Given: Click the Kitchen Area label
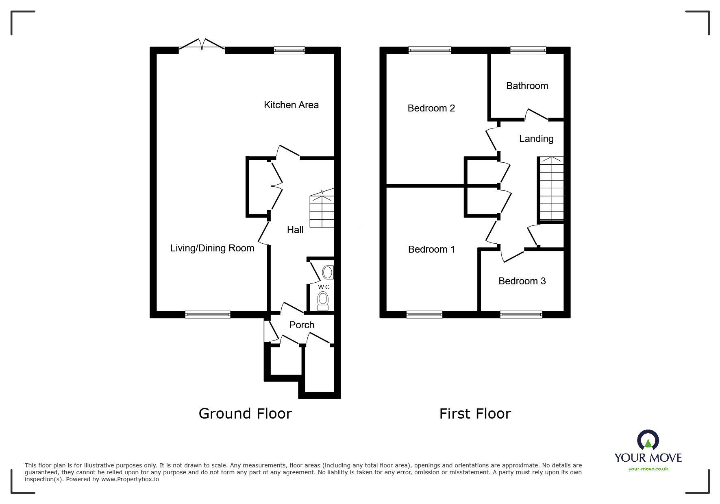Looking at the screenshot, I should click(x=291, y=105).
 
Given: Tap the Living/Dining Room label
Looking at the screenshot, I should click(x=212, y=248).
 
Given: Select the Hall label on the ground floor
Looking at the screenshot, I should click(x=295, y=230).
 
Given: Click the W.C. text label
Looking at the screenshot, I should click(x=324, y=287).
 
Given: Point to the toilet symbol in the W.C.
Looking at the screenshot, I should click(x=323, y=301).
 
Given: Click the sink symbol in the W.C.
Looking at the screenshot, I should click(x=328, y=272).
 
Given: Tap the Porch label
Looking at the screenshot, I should click(x=302, y=325).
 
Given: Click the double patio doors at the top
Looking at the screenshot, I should click(x=202, y=46).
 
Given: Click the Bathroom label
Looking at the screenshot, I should click(x=527, y=86).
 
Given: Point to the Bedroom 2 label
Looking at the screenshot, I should click(x=431, y=108).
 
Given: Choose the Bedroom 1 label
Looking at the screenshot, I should click(x=431, y=249).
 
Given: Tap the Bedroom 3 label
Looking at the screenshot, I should click(x=522, y=281).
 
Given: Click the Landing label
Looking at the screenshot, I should click(x=536, y=139).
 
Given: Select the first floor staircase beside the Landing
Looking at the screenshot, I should click(x=552, y=189).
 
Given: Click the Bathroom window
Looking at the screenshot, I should click(x=528, y=50).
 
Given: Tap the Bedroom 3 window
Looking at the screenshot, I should click(x=521, y=314).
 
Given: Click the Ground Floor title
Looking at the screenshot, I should click(x=245, y=414).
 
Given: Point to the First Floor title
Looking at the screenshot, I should click(x=475, y=414).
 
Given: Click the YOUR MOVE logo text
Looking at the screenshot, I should click(x=648, y=458).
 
